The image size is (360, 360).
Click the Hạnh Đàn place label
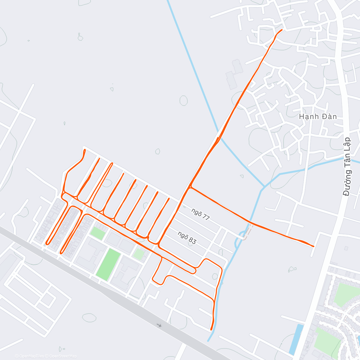[318, 116]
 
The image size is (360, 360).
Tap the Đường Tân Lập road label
[348, 166]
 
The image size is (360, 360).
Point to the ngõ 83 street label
[187, 238]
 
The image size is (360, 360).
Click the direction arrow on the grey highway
[159, 325]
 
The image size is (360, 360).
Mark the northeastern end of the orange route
[282, 30]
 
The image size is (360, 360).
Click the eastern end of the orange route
[313, 246]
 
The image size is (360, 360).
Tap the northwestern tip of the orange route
[85, 149]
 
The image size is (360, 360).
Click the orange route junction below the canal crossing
[190, 187]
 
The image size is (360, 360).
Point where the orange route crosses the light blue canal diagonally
[218, 139]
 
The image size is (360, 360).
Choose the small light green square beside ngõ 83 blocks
[139, 254]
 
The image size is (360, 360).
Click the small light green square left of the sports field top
[97, 233]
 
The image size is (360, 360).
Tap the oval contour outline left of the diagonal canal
[184, 100]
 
